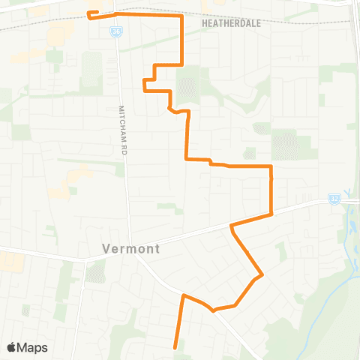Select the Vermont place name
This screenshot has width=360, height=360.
coord(130,247)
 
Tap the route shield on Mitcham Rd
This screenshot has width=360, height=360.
coord(115,31)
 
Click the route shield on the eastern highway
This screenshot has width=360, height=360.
coord(334,199)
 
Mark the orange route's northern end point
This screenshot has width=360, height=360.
coord(89,13)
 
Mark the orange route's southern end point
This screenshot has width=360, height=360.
coord(175,347)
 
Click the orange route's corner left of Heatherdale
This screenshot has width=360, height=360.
coord(182,16)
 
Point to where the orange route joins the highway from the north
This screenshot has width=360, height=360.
coord(271,214)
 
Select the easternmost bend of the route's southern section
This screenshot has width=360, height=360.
coord(261,276)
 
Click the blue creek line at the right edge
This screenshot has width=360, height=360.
coord(349,217)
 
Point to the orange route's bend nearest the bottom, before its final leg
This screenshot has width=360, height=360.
coord(213,309)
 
